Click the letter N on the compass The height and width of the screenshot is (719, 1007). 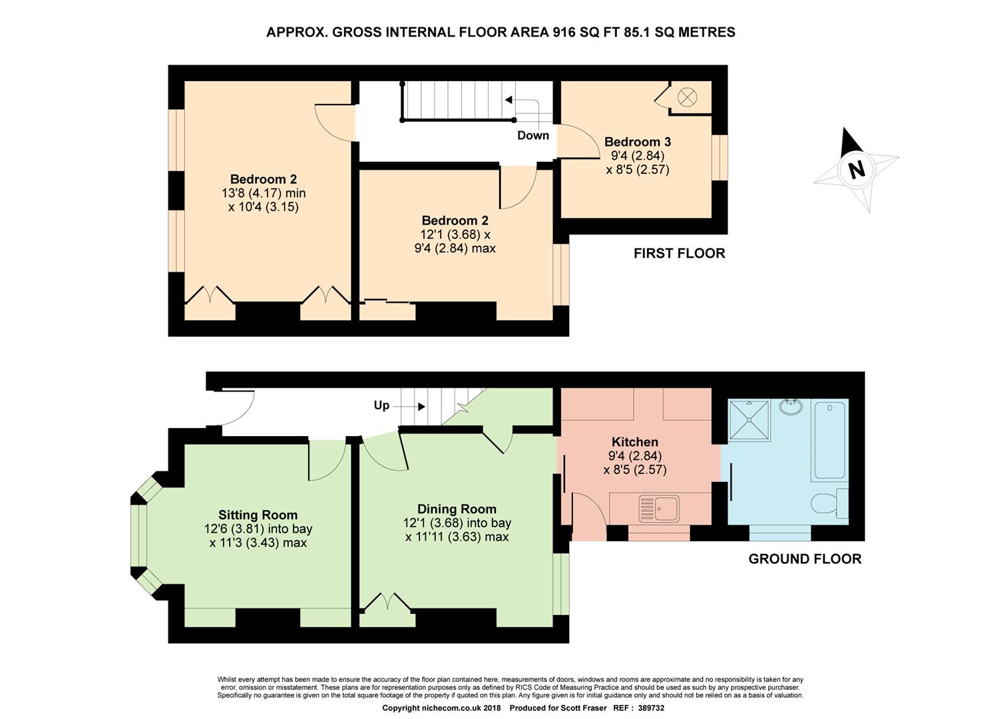point(856,170)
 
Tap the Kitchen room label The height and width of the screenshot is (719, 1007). point(635,441)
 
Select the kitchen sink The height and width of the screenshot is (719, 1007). point(659,509)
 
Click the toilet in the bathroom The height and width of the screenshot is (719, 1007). point(829,503)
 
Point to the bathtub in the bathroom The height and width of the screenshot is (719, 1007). point(830,441)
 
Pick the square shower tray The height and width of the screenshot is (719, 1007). point(749,420)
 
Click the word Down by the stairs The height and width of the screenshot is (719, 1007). point(533,135)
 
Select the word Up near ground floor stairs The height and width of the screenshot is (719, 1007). point(381,405)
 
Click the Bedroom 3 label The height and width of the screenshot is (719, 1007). point(638,142)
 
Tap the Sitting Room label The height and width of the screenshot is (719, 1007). point(258,515)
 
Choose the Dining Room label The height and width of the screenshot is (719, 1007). point(457,509)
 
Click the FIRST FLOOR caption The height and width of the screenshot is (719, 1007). point(680,254)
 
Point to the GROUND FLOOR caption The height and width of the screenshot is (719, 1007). point(805,559)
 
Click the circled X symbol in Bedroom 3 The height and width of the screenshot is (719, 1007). point(688,97)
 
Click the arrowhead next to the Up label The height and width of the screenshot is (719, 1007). point(421,407)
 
